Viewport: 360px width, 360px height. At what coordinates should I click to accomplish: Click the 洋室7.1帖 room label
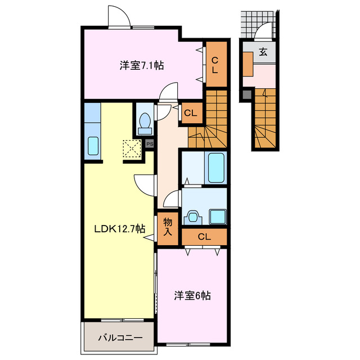(141, 65)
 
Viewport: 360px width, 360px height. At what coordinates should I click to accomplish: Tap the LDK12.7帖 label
(119, 229)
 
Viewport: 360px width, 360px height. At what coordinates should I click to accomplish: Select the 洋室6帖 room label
(192, 295)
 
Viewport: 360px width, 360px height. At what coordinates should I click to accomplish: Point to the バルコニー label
(119, 338)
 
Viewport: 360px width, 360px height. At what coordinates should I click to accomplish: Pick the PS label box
(150, 143)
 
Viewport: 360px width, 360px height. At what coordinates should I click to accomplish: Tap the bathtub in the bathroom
(216, 166)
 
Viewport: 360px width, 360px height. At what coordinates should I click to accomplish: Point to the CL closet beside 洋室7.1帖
(215, 65)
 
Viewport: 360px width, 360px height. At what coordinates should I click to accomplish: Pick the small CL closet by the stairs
(191, 113)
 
